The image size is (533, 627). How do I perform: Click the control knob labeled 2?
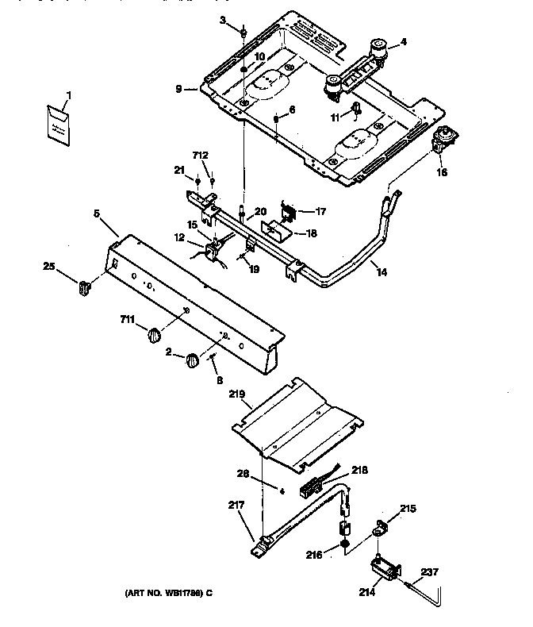click(192, 362)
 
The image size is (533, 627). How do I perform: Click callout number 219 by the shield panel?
click(237, 393)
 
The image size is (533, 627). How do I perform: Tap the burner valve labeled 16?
click(440, 142)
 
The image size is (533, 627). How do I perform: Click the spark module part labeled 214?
click(383, 569)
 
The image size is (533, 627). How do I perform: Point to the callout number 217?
click(236, 504)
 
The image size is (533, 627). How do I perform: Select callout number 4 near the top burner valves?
click(403, 42)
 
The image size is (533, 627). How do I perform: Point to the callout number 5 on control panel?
click(96, 213)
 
